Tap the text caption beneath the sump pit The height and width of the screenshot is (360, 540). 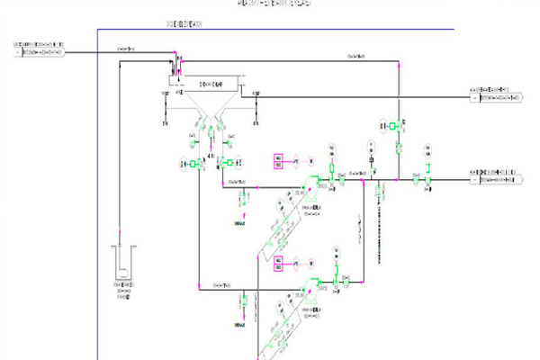(x=121, y=292)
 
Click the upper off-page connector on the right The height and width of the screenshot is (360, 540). (x=496, y=94)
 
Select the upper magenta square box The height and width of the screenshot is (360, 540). (x=280, y=162)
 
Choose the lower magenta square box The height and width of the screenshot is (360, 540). (x=279, y=264)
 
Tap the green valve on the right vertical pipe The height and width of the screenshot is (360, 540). (x=398, y=127)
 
